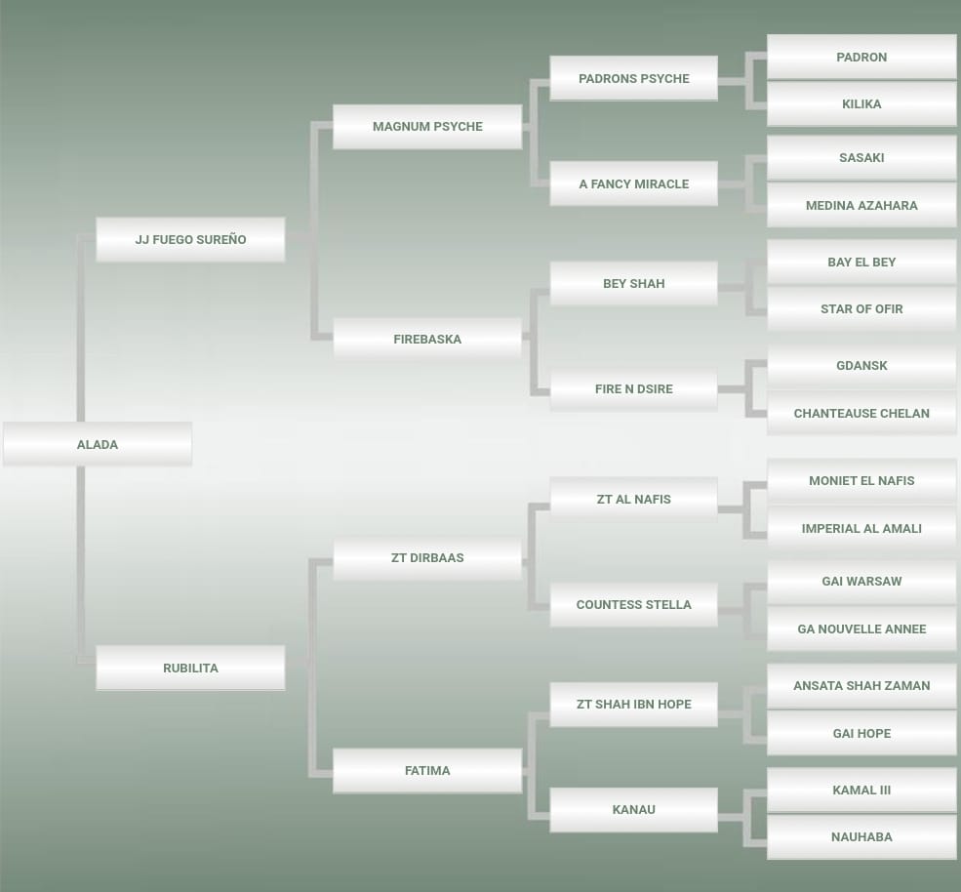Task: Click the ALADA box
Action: (x=98, y=444)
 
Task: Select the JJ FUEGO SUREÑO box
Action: (x=190, y=239)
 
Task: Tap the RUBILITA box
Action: (x=190, y=668)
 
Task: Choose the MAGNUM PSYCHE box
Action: (x=427, y=126)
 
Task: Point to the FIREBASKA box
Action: (x=427, y=339)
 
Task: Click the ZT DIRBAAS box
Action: (x=427, y=558)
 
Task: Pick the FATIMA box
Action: (x=427, y=771)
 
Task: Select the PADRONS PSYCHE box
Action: (x=634, y=78)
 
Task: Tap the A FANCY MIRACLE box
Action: (x=634, y=183)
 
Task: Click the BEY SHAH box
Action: (x=634, y=283)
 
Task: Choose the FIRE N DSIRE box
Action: (x=634, y=388)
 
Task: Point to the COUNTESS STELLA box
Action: (x=634, y=604)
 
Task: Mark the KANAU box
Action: (x=634, y=810)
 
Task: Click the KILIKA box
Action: (x=861, y=104)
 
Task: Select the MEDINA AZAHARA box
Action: (x=861, y=205)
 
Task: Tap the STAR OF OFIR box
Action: (x=861, y=309)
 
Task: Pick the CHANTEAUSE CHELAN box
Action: (x=861, y=413)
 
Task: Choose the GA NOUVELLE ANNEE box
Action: (x=861, y=629)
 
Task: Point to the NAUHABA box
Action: (x=861, y=836)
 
